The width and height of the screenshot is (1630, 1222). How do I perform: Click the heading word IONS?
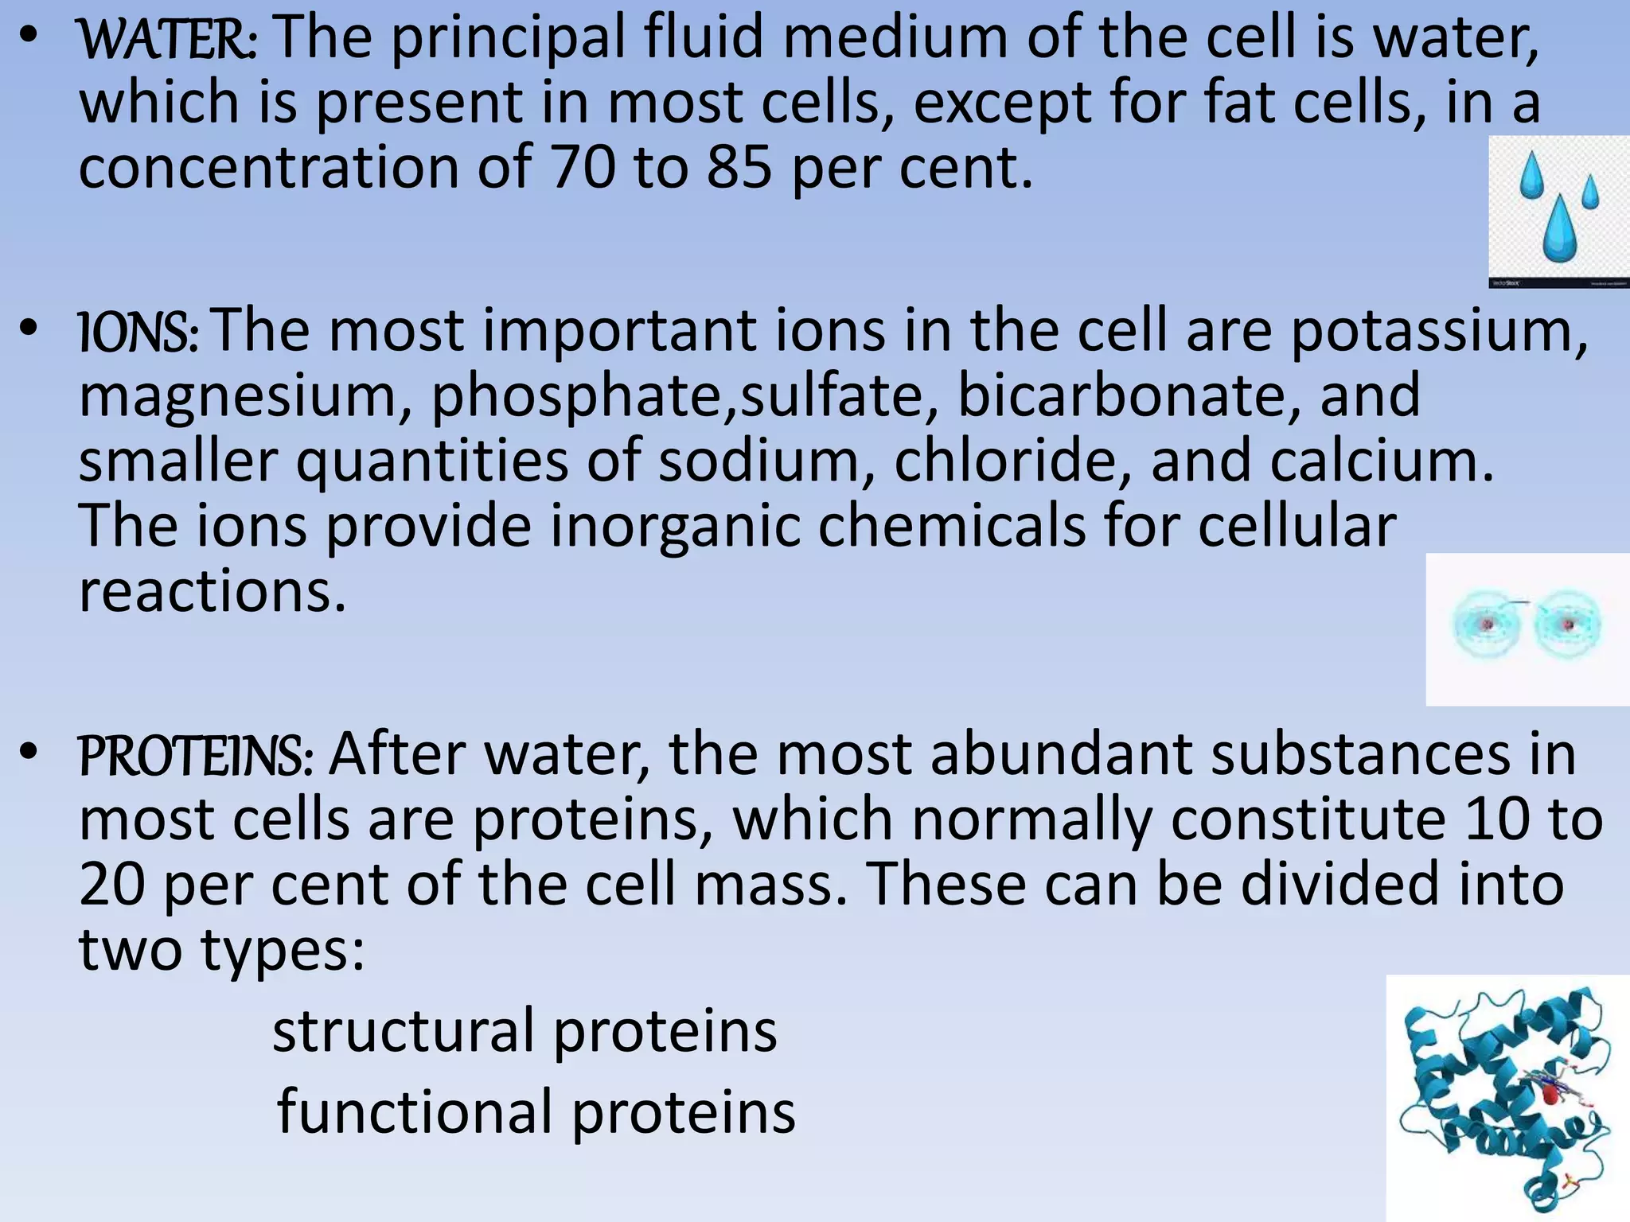click(138, 333)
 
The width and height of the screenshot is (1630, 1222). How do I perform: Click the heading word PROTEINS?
click(196, 757)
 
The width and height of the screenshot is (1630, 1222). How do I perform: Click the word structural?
click(402, 1032)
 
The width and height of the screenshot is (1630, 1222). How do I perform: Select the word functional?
click(414, 1112)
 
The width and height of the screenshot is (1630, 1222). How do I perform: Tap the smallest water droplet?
click(1590, 192)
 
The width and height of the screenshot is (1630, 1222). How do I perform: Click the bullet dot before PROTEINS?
click(29, 752)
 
